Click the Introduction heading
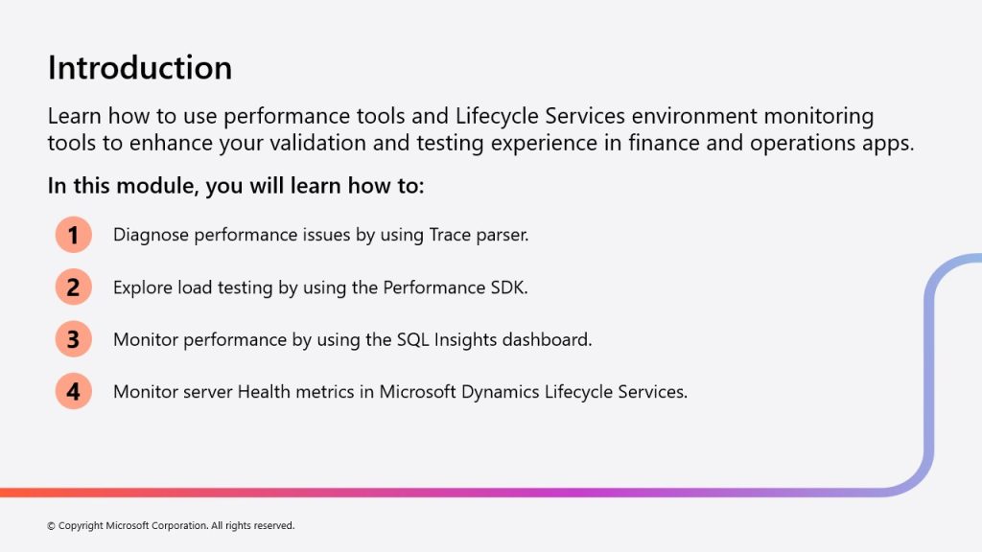pyautogui.click(x=140, y=68)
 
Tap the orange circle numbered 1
pyautogui.click(x=73, y=235)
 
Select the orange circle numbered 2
pyautogui.click(x=73, y=287)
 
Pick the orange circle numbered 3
pyautogui.click(x=73, y=339)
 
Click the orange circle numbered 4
pyautogui.click(x=73, y=391)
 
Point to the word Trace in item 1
pyautogui.click(x=450, y=235)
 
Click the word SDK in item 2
pyautogui.click(x=509, y=287)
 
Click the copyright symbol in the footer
pyautogui.click(x=52, y=526)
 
